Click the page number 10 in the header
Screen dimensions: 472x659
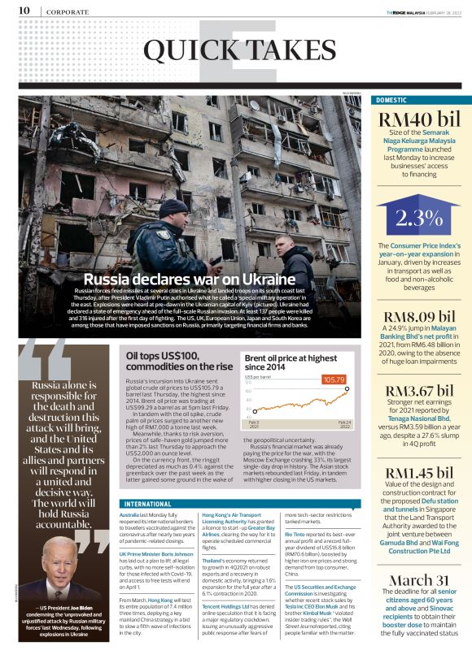[x=24, y=11]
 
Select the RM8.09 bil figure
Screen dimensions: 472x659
[x=419, y=316]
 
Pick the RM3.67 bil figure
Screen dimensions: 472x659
[x=419, y=392]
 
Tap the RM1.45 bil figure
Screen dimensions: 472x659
[x=419, y=473]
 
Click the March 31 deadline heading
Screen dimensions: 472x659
[x=419, y=579]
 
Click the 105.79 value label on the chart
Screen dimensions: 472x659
[x=334, y=379]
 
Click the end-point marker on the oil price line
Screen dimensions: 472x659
[x=347, y=389]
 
